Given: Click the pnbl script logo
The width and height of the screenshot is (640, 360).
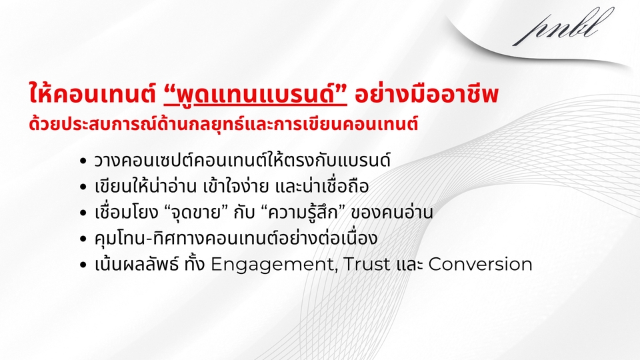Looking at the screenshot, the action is pos(563,27).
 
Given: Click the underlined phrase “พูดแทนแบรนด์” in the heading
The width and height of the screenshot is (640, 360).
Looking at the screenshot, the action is pos(255,94).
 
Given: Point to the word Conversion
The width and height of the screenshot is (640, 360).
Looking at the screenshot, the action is pos(481,264).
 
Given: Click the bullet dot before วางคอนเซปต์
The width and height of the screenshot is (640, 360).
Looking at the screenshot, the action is pos(83,161).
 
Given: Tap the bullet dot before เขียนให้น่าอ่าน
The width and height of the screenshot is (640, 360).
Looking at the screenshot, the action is pos(83,187).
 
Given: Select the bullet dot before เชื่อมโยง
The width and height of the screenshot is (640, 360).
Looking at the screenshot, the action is pos(83,213).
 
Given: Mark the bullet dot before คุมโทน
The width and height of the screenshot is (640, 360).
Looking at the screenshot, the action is pos(83,239).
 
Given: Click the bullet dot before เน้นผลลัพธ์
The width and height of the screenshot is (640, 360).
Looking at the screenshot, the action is pos(83,265).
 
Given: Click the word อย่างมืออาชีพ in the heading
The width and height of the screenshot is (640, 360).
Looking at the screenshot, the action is pos(427,94).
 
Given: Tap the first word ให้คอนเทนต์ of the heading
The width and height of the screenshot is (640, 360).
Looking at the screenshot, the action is pos(93,93).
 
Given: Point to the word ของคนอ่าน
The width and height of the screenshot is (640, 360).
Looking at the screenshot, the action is pos(392,212).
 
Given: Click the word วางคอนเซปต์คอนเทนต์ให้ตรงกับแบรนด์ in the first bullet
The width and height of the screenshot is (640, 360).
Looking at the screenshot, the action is pos(243,160).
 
